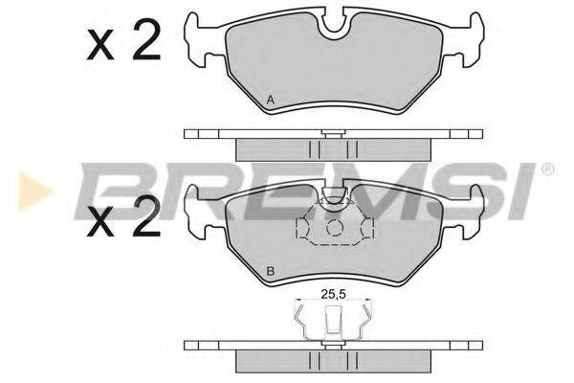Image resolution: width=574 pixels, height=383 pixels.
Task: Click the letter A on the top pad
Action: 271,100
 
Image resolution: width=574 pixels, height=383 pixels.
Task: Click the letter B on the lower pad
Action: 271,272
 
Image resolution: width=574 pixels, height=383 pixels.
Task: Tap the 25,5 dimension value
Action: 334,294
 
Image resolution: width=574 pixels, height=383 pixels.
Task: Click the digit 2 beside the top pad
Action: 146,40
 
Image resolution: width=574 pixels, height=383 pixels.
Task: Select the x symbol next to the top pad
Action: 100,46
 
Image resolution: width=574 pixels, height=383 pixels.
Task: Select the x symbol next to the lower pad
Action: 100,222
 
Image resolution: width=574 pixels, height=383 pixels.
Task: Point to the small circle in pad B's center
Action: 334,228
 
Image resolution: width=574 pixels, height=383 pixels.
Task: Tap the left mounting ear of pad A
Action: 200,40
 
